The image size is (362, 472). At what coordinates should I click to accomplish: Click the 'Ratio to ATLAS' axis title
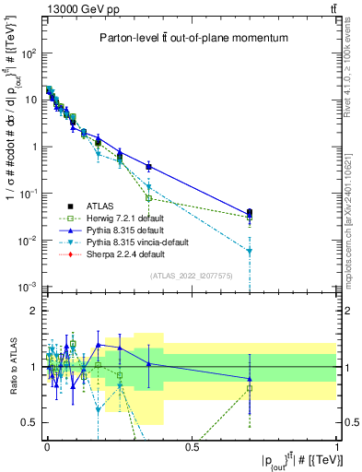click(12, 367)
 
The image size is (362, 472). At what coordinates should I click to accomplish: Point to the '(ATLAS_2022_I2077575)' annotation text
click(191, 276)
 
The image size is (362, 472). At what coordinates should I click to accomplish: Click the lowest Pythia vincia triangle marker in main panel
click(250, 251)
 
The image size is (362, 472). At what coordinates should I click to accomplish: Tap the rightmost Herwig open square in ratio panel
click(250, 389)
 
